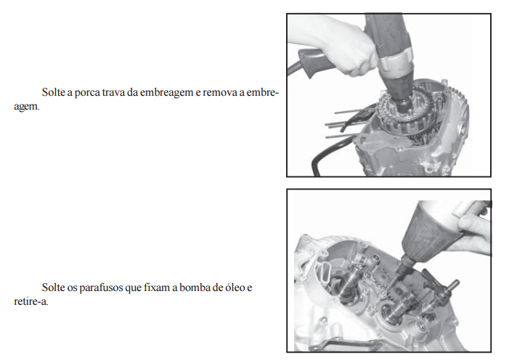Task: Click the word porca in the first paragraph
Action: click(87, 93)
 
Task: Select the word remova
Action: click(224, 92)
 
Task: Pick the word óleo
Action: click(233, 287)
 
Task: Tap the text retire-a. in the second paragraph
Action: click(31, 301)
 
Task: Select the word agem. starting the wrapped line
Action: click(27, 107)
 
